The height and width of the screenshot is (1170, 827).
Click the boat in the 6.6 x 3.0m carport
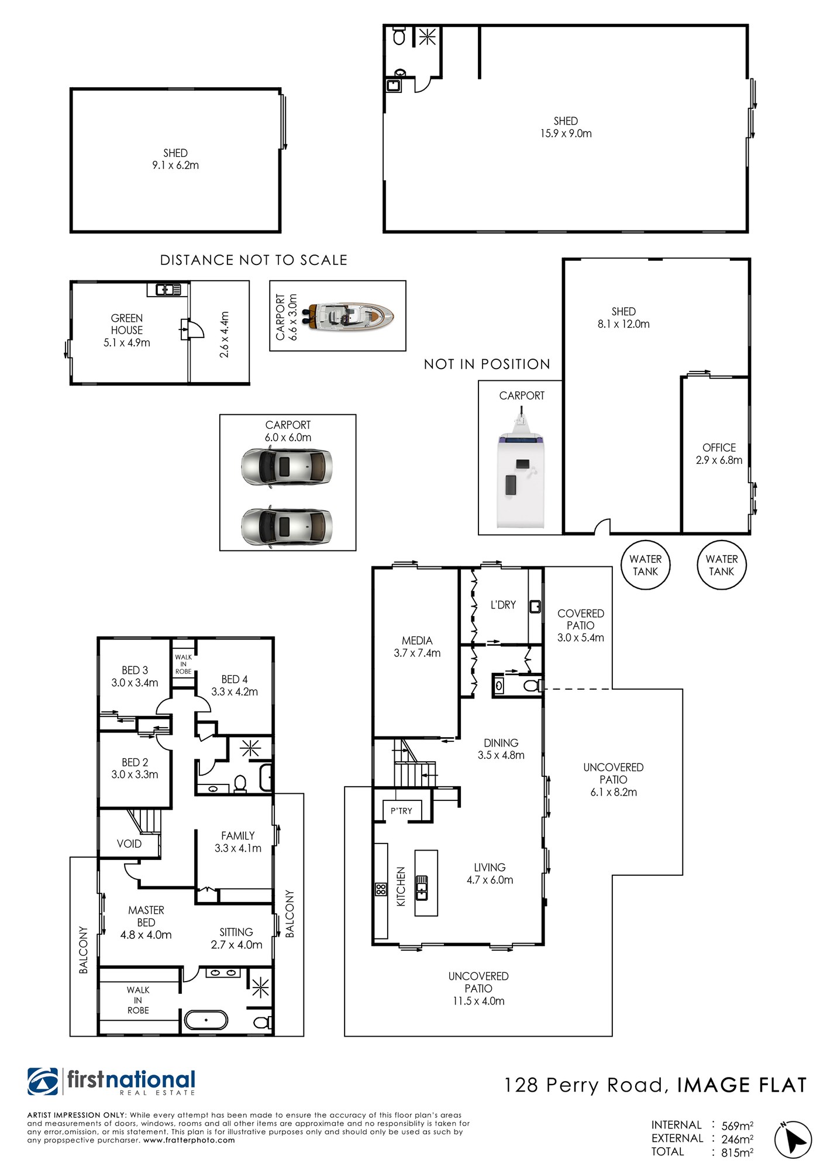349,316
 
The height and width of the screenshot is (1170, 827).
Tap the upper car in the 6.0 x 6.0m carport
287,466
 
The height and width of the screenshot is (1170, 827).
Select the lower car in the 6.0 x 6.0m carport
287,525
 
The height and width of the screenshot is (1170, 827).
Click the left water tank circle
645,565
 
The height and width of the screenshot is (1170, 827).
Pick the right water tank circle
722,565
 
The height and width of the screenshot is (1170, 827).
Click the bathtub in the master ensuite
206,1020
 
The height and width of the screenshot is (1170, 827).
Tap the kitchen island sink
421,887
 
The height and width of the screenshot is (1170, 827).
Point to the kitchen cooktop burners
381,889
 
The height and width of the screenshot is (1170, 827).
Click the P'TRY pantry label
401,811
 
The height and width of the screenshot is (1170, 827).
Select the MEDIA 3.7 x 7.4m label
417,647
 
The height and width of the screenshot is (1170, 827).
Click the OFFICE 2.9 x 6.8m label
719,454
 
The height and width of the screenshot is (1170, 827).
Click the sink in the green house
168,289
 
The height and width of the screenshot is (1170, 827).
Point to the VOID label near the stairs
129,844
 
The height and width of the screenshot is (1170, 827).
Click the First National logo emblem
43,1082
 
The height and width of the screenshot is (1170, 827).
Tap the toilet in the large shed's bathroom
399,36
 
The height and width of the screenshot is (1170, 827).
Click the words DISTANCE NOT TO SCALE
254,260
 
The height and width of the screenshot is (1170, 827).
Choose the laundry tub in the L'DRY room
535,607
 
